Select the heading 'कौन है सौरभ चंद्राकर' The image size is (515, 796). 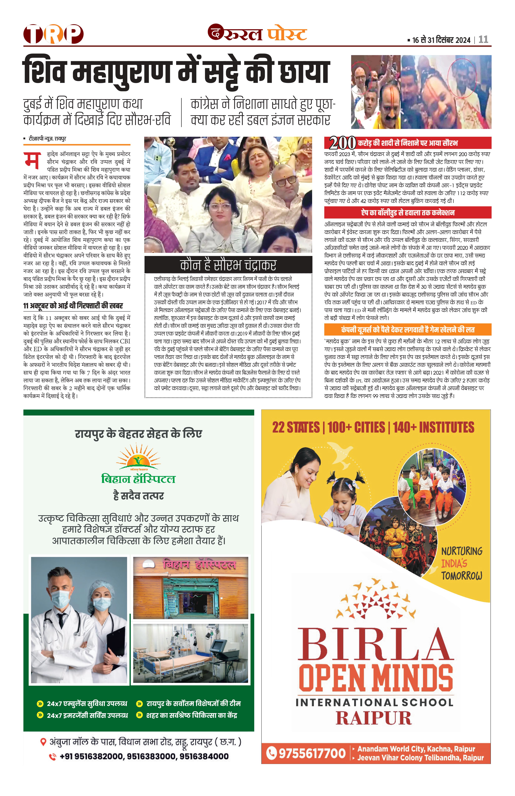228,265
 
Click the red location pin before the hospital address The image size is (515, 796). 43,742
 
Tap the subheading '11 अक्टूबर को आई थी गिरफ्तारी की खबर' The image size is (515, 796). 73,306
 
